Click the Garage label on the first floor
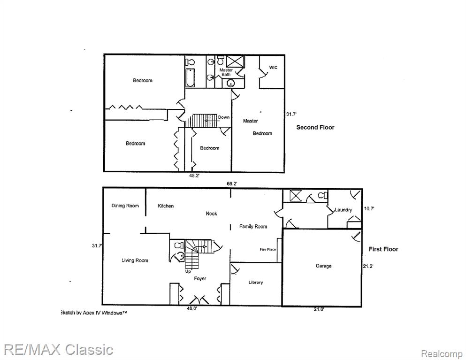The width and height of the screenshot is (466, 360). coord(323,266)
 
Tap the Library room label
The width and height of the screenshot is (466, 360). coord(256,283)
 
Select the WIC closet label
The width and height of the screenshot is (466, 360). coord(273,68)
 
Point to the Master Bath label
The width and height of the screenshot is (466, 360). coord(226,72)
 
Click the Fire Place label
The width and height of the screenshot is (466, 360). coord(268,249)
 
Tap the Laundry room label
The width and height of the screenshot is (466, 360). coord(343,210)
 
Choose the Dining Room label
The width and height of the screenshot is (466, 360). coord(125,206)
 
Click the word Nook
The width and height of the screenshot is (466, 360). coord(211,214)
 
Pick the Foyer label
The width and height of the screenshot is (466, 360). coord(200,278)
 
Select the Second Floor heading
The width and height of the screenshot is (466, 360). coord(315,127)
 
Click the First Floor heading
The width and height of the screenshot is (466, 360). coord(383,249)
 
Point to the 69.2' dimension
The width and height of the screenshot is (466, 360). coord(232,184)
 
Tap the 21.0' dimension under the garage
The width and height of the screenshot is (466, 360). coord(319,309)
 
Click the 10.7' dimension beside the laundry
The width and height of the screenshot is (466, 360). coord(369,208)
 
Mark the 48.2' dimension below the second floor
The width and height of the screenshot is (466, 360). coord(194,176)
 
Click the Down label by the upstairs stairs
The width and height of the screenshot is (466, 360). coord(224,117)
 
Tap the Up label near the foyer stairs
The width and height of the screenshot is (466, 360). coord(188,271)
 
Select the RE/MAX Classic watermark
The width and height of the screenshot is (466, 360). coord(59,350)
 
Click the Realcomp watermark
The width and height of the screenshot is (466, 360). coord(442,354)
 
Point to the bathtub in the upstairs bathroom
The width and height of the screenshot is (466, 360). coord(190,78)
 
